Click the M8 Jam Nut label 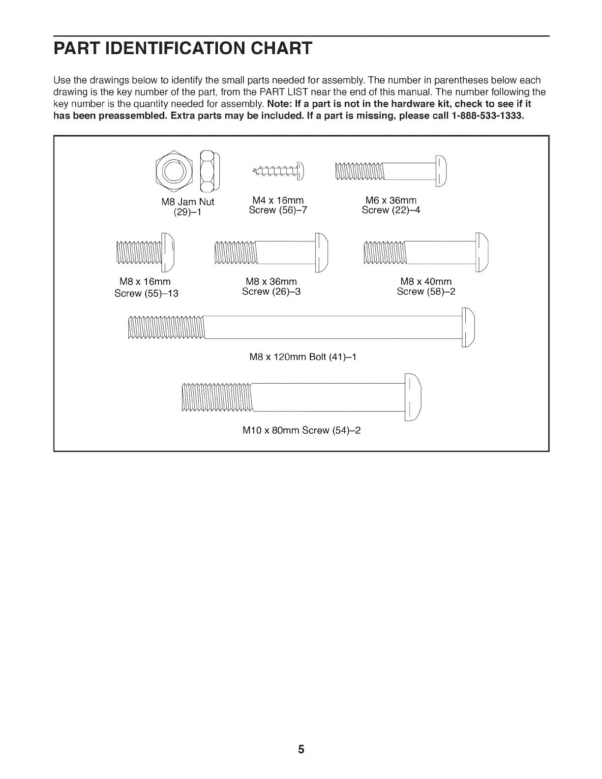click(187, 202)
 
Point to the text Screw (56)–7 click(278, 210)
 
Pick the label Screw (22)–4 click(391, 210)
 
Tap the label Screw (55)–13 click(146, 294)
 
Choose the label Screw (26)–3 click(271, 291)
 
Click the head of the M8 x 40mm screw click(482, 252)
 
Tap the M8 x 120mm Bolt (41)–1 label click(303, 357)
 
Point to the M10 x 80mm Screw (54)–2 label click(302, 430)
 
